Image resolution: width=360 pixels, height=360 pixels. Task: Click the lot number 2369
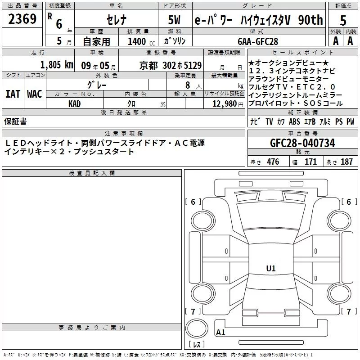point(22,19)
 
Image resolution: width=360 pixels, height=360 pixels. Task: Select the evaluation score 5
point(343,21)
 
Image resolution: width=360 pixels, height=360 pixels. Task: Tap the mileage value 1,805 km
point(57,65)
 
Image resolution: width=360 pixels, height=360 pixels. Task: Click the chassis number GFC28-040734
point(302,143)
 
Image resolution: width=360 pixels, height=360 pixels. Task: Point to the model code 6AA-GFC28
point(258,41)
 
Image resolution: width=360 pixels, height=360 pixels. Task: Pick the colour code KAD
point(74,104)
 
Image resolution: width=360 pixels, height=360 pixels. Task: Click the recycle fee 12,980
point(224,104)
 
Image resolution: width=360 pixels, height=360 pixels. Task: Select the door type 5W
point(174,20)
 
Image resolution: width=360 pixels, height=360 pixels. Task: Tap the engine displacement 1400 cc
point(141,41)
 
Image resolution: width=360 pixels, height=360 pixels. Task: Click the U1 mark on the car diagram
point(271,268)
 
